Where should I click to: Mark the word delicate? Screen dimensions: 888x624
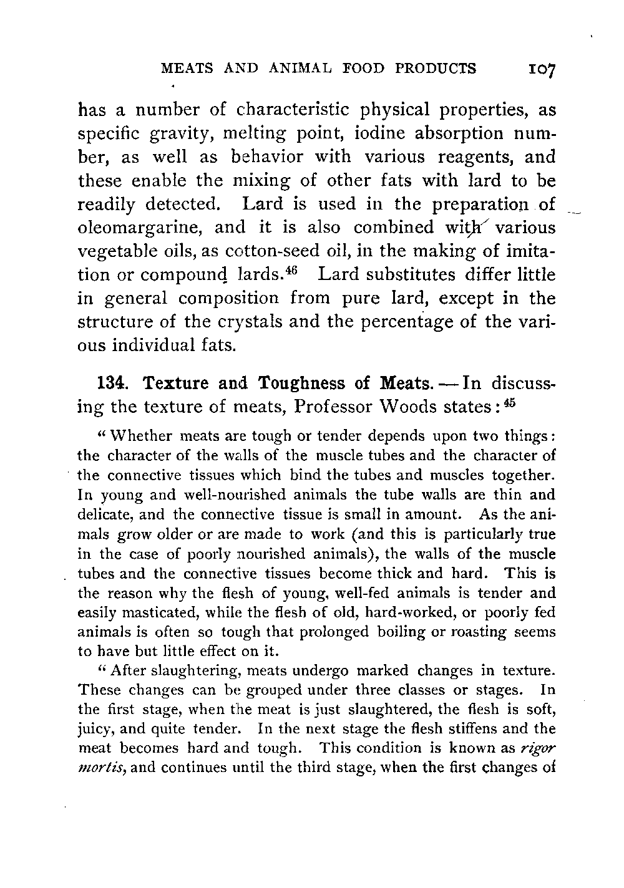101,515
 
